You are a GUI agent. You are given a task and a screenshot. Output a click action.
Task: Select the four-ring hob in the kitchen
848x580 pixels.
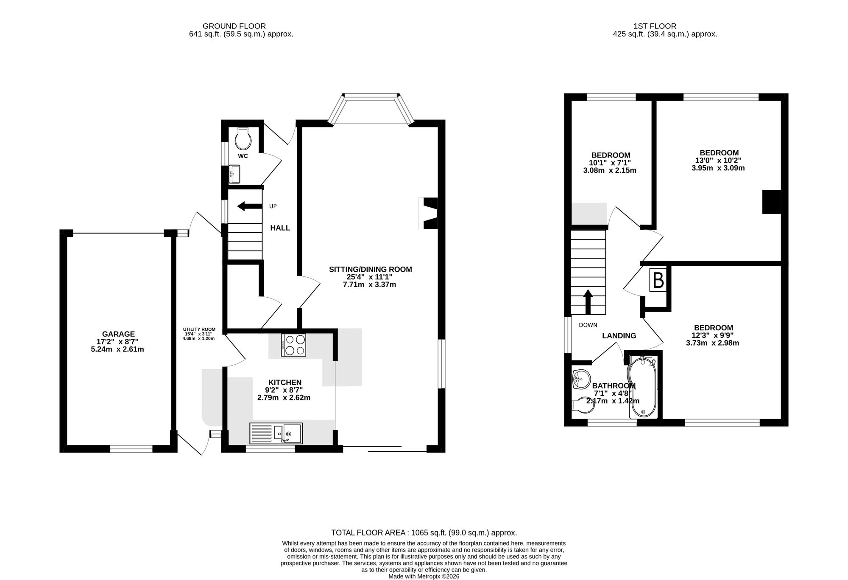293,345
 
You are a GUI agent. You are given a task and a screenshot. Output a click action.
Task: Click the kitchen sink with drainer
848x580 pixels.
276,433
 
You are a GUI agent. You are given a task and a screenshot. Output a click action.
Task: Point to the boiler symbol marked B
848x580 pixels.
658,279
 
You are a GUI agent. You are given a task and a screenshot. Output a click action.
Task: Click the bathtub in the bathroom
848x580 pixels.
643,386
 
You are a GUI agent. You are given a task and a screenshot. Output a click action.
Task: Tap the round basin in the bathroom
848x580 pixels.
581,378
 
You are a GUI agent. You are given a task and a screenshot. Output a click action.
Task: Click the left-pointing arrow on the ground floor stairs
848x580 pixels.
249,206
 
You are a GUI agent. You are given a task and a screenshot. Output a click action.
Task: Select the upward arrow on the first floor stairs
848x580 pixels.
588,302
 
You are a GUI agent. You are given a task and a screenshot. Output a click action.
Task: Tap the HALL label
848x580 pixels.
280,228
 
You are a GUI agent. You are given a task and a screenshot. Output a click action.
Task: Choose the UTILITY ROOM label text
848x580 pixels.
199,329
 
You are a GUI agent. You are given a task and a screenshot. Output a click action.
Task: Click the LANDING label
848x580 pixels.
619,336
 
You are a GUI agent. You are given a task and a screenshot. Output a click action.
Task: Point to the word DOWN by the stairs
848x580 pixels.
588,325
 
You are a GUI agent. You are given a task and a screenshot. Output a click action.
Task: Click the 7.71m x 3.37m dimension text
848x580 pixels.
369,284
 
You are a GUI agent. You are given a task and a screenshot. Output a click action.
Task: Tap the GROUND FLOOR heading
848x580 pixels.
234,26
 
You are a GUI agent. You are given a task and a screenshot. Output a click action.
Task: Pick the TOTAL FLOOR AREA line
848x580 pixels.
424,533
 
